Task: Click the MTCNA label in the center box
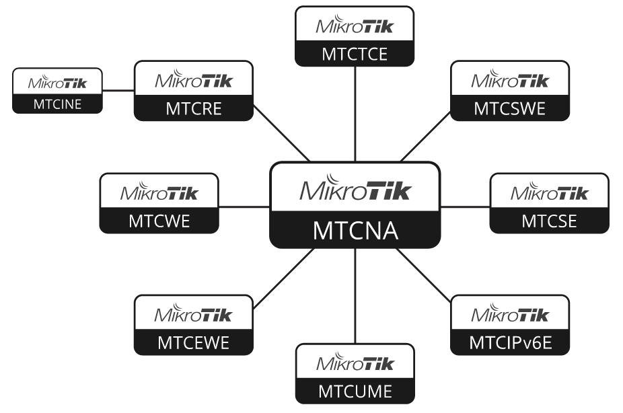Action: pyautogui.click(x=355, y=231)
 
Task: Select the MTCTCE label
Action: pyautogui.click(x=355, y=54)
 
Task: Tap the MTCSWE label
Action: pyautogui.click(x=509, y=109)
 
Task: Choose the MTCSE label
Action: pyautogui.click(x=549, y=221)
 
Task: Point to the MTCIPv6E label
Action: pyautogui.click(x=509, y=344)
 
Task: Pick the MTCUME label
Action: pyautogui.click(x=355, y=391)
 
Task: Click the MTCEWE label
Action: pyautogui.click(x=193, y=343)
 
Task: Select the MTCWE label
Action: pyautogui.click(x=159, y=221)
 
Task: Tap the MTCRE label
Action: pyautogui.click(x=193, y=109)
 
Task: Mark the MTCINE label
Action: pyautogui.click(x=57, y=104)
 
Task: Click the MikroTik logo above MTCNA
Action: pyautogui.click(x=355, y=189)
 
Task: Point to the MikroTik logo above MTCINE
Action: pyautogui.click(x=57, y=83)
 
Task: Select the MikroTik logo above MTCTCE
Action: pyautogui.click(x=355, y=27)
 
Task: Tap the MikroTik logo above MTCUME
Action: pyautogui.click(x=355, y=364)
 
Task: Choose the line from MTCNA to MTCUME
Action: pyautogui.click(x=355, y=295)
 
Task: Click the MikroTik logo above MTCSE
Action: pyautogui.click(x=549, y=194)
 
